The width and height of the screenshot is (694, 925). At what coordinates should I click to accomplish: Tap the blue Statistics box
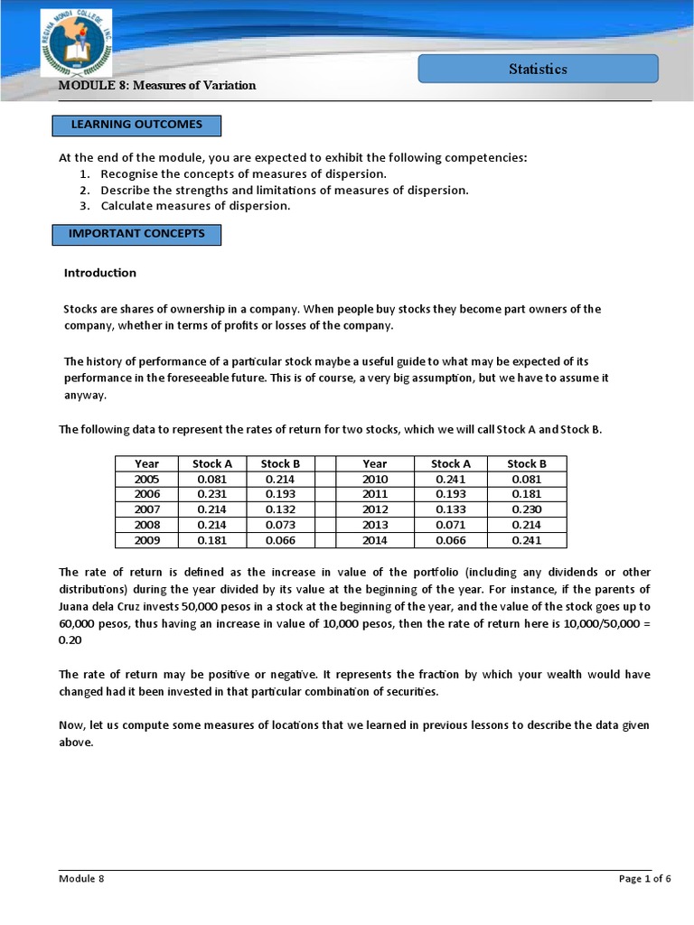coord(538,69)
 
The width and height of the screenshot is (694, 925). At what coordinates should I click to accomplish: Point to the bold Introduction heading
coord(100,273)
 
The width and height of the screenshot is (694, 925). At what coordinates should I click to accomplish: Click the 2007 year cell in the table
coord(146,509)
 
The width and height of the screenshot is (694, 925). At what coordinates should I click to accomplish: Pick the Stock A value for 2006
coord(213,494)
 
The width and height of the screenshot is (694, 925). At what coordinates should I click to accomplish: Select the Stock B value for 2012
coord(526,509)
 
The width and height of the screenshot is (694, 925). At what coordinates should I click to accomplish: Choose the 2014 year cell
coord(374,540)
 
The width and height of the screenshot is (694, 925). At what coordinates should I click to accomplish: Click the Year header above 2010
coord(374,463)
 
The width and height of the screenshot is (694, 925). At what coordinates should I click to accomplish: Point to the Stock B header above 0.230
coord(526,463)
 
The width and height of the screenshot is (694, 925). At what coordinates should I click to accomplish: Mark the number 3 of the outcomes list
coord(83,206)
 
